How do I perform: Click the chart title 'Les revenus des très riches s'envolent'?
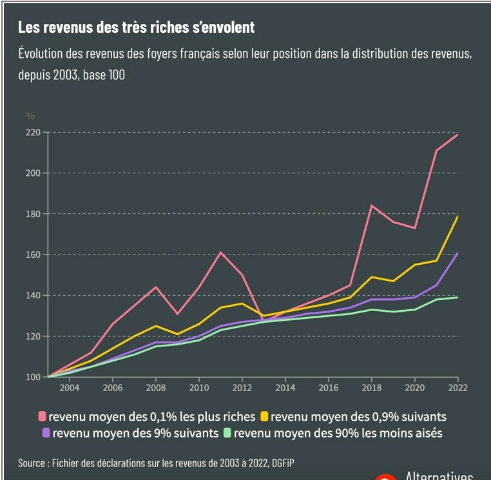click(x=136, y=27)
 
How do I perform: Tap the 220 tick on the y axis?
click(x=33, y=132)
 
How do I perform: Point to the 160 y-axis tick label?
click(x=33, y=254)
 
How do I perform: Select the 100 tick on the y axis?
click(x=33, y=377)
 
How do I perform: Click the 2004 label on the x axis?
click(x=70, y=388)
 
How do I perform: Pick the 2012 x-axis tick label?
click(x=242, y=388)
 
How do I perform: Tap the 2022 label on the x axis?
click(x=457, y=388)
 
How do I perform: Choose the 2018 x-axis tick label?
click(x=372, y=388)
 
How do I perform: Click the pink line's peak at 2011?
click(x=220, y=252)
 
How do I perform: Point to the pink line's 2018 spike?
click(x=372, y=205)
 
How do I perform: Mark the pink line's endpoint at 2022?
click(x=457, y=135)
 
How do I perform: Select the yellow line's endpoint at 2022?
click(x=457, y=216)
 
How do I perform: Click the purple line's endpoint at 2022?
click(x=457, y=253)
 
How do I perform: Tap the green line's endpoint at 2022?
click(x=457, y=297)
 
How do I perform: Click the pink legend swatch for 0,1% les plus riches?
click(x=43, y=416)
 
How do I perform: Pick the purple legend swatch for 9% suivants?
click(x=46, y=433)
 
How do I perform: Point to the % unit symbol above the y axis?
click(x=30, y=116)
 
